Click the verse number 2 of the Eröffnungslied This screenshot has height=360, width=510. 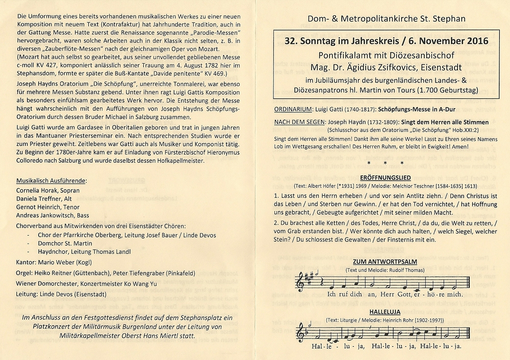pyautogui.click(x=276, y=223)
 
